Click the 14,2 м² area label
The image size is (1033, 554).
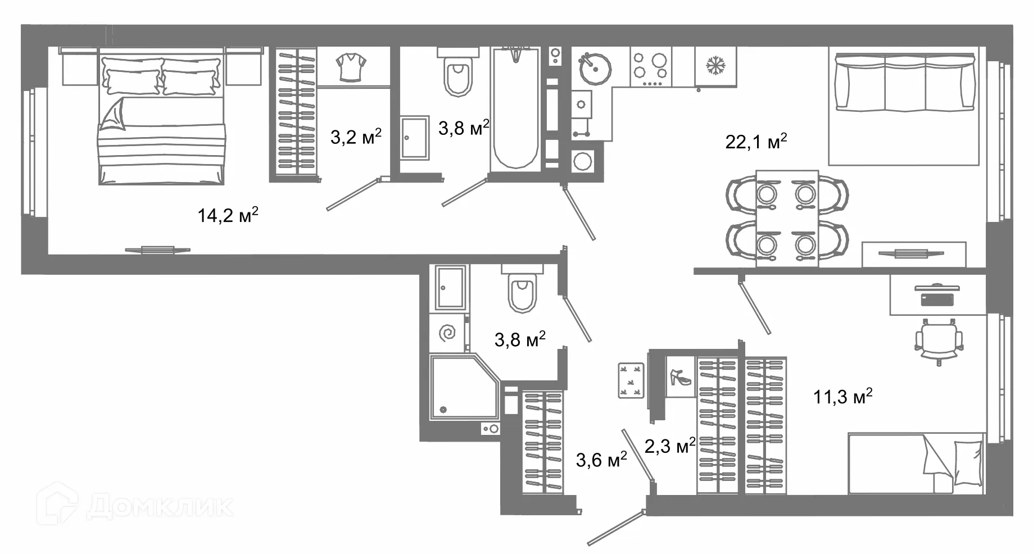tap(228, 215)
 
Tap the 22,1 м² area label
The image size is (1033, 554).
tap(756, 141)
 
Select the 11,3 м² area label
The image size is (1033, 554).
tap(842, 397)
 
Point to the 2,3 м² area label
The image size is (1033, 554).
tap(670, 446)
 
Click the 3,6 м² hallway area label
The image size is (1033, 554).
tap(601, 460)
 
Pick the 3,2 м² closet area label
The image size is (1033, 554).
tap(356, 137)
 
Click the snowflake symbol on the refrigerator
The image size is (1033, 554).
tap(715, 66)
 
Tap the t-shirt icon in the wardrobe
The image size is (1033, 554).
tap(351, 67)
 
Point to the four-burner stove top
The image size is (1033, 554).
tap(650, 67)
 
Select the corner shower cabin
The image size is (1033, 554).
tap(464, 387)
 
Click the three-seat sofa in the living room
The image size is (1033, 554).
tap(905, 82)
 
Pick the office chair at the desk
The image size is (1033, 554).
tap(938, 340)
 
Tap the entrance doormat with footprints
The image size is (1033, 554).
tap(631, 380)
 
